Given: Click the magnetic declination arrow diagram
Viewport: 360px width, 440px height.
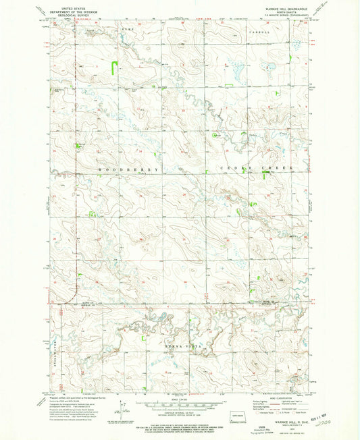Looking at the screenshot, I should click(120, 408).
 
